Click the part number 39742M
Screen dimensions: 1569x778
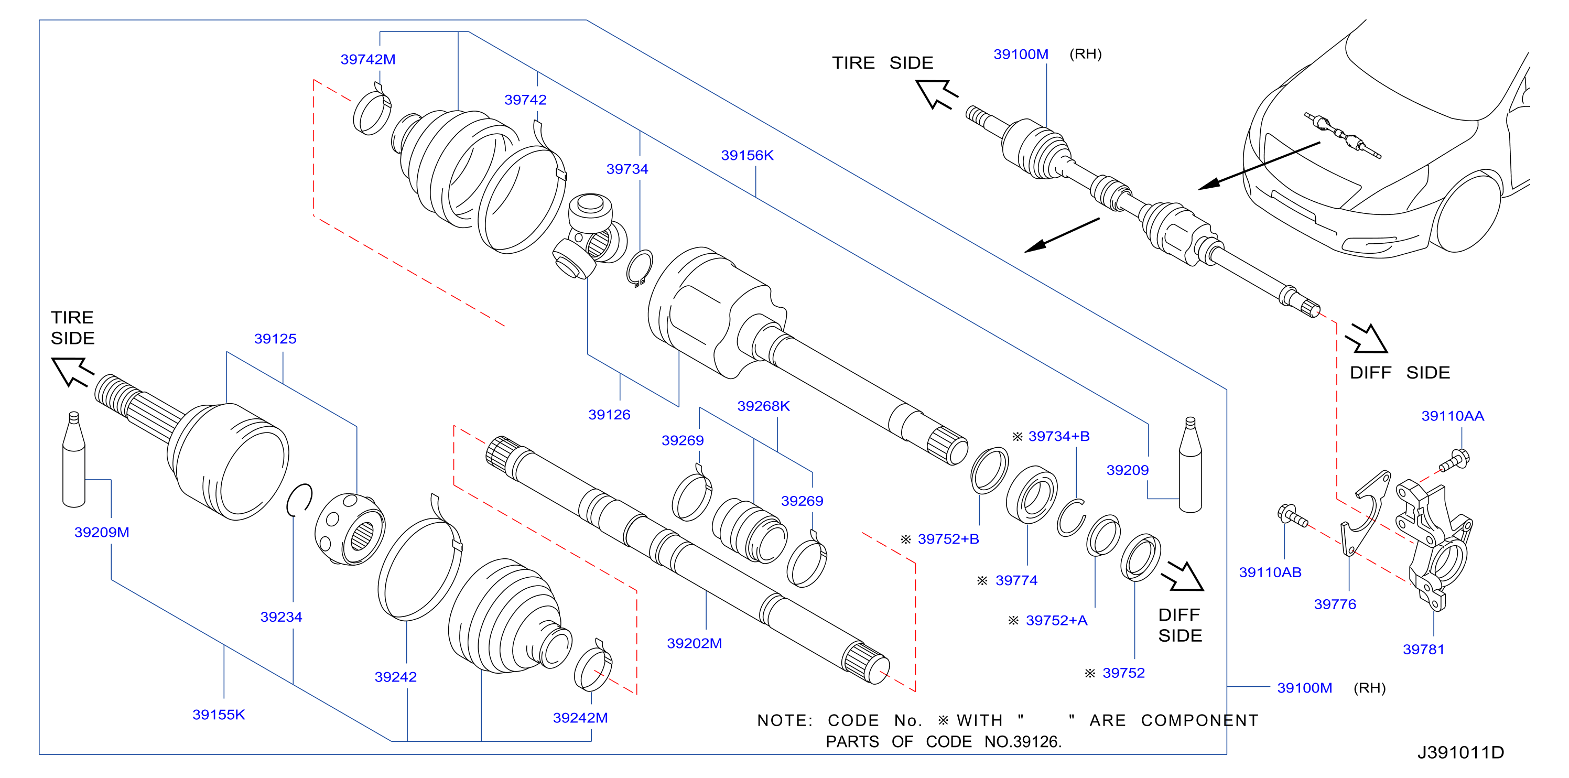coord(368,59)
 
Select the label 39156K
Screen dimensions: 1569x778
coord(748,155)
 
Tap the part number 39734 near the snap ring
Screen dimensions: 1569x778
coord(627,169)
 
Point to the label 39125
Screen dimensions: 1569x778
coord(275,339)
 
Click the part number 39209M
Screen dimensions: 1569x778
coord(102,532)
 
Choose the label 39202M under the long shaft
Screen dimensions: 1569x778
coord(695,643)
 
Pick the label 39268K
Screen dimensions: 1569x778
coord(764,406)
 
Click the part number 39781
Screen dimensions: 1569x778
coord(1423,650)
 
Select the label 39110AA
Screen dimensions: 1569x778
coord(1453,416)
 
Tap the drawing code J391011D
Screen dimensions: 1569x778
coord(1460,752)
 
